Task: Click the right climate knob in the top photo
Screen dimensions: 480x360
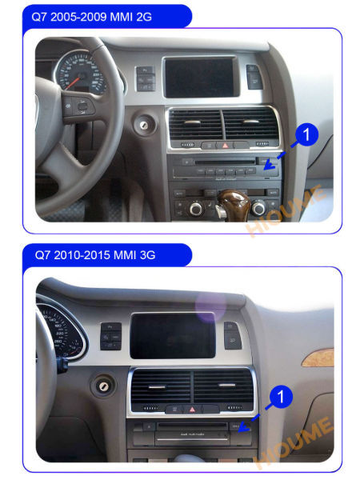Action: click(259, 207)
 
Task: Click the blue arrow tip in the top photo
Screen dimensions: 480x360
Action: click(264, 167)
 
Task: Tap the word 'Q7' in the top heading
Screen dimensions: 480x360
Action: click(40, 16)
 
